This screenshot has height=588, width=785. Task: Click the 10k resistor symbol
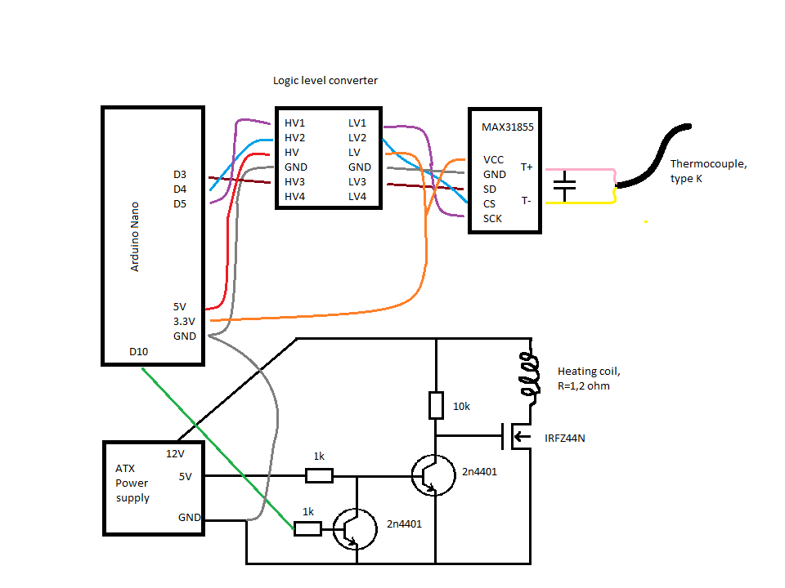pyautogui.click(x=436, y=405)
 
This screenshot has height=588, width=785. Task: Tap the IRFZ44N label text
pyautogui.click(x=565, y=439)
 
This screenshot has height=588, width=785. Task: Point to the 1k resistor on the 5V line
pyautogui.click(x=319, y=475)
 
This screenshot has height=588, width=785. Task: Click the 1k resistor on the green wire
pyautogui.click(x=307, y=528)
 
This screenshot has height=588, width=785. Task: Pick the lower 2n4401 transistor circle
pyautogui.click(x=356, y=529)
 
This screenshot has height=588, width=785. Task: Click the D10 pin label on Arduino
pyautogui.click(x=140, y=352)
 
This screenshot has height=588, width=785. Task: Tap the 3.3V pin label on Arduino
pyautogui.click(x=185, y=321)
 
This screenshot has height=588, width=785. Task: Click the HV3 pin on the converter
pyautogui.click(x=294, y=181)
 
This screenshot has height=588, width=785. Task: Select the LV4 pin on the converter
pyautogui.click(x=357, y=196)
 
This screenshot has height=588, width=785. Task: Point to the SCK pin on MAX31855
pyautogui.click(x=492, y=218)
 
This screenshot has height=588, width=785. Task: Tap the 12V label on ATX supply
pyautogui.click(x=176, y=454)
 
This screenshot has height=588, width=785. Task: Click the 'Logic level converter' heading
pyautogui.click(x=325, y=80)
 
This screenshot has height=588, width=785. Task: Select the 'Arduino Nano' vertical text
pyautogui.click(x=136, y=237)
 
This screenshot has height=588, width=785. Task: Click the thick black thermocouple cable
pyautogui.click(x=654, y=155)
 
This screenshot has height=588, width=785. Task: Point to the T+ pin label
pyautogui.click(x=527, y=167)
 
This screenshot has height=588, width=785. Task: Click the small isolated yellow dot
pyautogui.click(x=645, y=220)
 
